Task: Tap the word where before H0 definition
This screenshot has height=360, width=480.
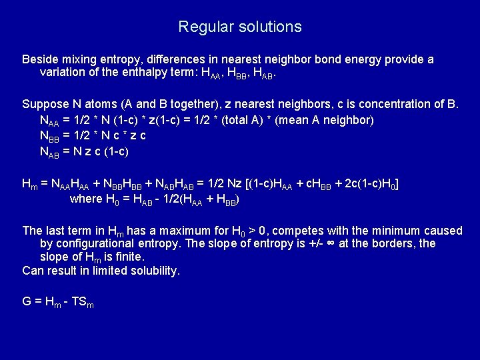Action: click(x=86, y=199)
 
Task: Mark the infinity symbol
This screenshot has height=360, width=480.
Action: click(x=329, y=243)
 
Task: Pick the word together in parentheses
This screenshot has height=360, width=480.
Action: click(x=189, y=104)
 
